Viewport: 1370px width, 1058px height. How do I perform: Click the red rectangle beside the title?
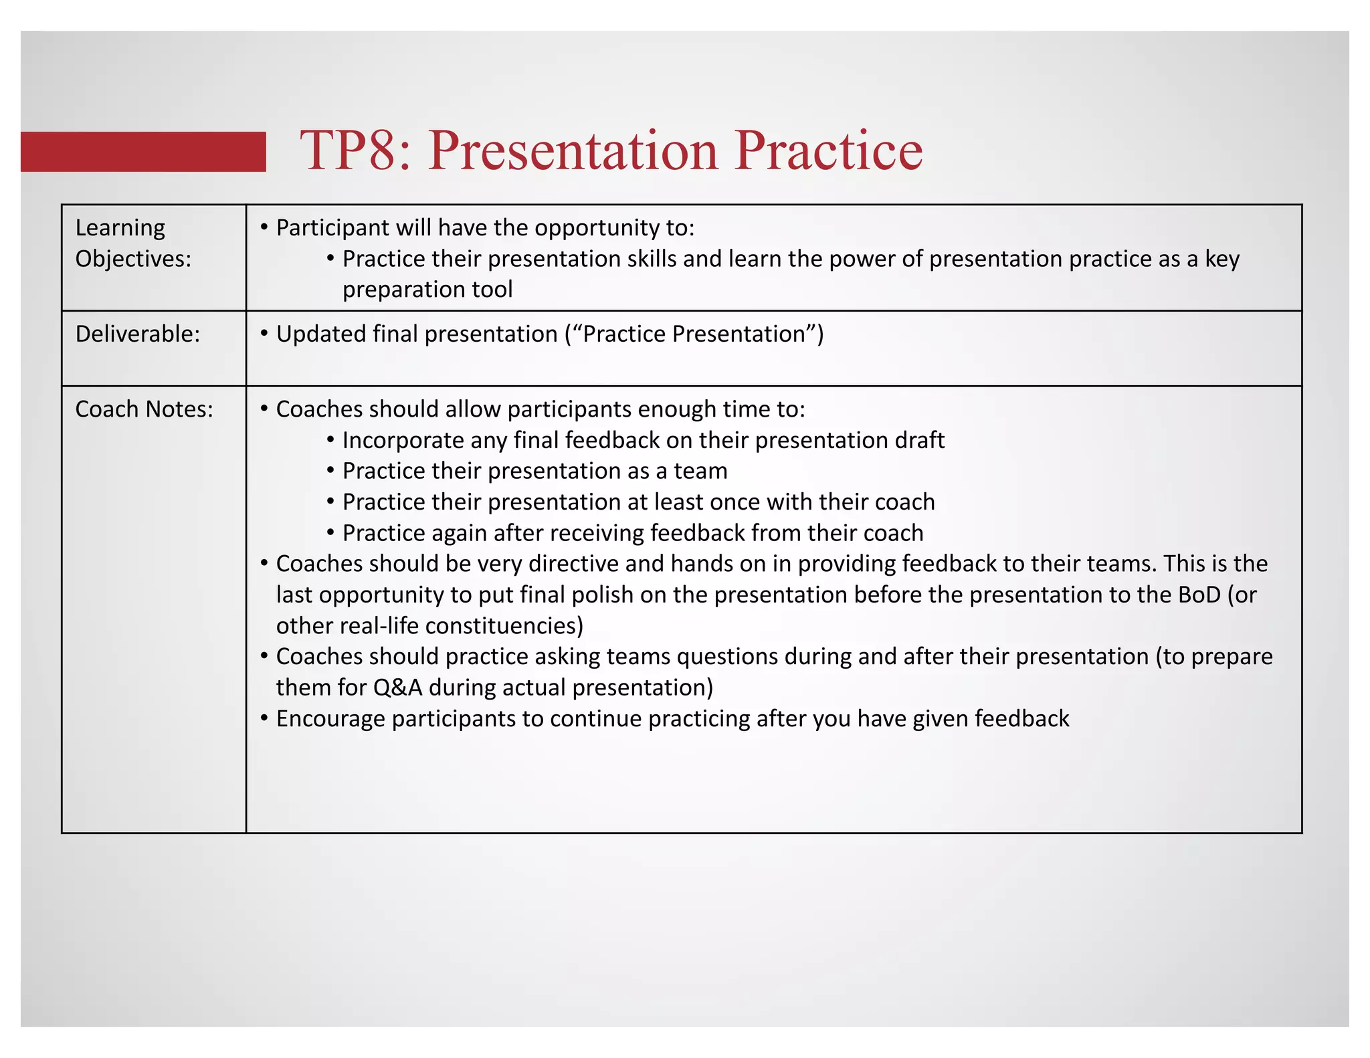143,152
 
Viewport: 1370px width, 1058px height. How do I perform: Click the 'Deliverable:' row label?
138,334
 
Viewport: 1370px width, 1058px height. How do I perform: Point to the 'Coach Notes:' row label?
144,409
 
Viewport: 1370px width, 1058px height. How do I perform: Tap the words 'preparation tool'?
427,290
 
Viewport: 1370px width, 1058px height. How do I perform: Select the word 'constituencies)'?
504,626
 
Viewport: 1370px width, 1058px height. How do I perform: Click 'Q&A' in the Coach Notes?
398,687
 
